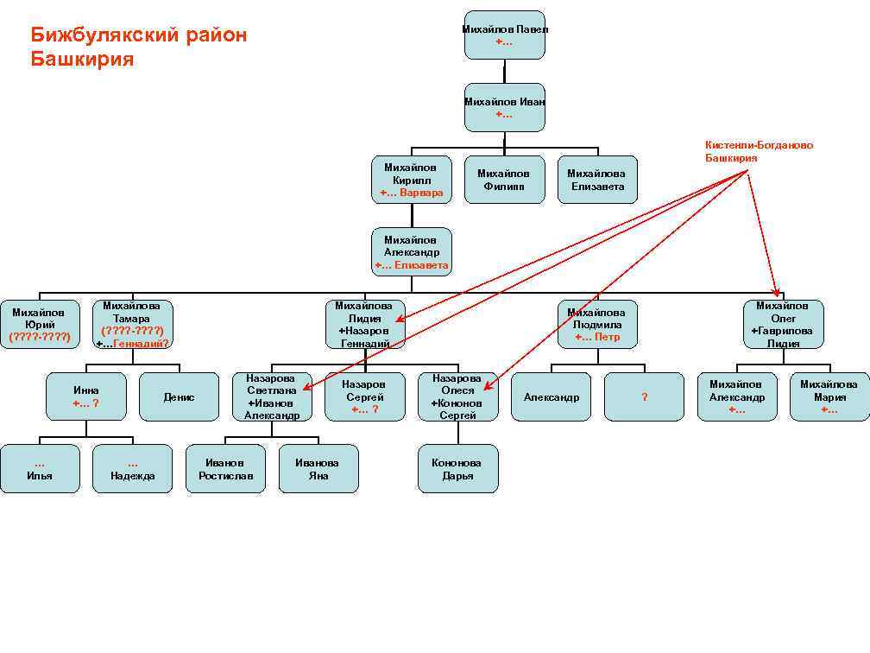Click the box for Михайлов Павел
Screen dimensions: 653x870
(x=504, y=35)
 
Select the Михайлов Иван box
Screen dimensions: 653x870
(x=504, y=108)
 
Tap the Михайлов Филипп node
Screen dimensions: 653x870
(x=504, y=180)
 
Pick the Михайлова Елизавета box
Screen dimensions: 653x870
(x=597, y=180)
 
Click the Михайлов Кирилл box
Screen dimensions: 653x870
(x=412, y=180)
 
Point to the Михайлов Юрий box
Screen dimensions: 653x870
(x=40, y=324)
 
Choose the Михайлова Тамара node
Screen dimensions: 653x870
(x=132, y=324)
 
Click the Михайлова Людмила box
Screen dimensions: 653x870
(x=597, y=324)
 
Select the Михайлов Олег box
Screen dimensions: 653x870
(x=783, y=324)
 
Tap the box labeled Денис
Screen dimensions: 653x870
(x=179, y=397)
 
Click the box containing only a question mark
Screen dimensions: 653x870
(x=644, y=397)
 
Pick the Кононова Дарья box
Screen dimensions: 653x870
(x=457, y=469)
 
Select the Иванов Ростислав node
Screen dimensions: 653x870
(x=225, y=469)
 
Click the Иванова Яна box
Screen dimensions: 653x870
(x=318, y=469)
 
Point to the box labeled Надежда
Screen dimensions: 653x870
(x=132, y=469)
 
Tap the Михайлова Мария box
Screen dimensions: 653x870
(x=829, y=397)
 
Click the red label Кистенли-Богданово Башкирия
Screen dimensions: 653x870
(x=759, y=152)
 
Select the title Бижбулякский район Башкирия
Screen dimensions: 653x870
(x=138, y=48)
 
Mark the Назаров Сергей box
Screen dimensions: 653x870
(x=364, y=397)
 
